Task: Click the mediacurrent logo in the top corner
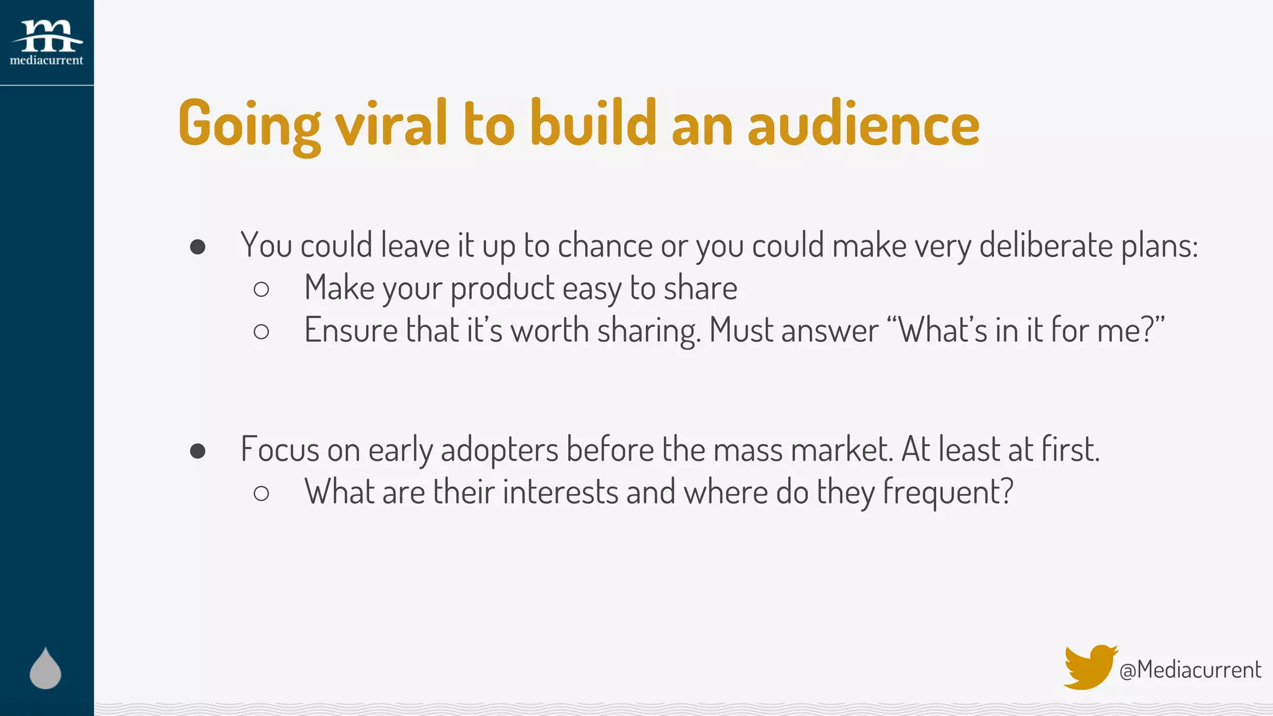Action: click(47, 42)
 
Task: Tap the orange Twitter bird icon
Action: click(1089, 666)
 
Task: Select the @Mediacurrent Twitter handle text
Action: click(1190, 670)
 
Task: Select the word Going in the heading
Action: click(249, 124)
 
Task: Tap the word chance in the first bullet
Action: click(605, 246)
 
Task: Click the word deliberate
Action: click(1046, 246)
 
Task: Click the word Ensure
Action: click(351, 330)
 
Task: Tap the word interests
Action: click(560, 492)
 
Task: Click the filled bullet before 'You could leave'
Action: click(198, 247)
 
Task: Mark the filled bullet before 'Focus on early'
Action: click(198, 451)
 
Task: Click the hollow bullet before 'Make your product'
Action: click(262, 289)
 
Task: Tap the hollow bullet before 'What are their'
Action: click(262, 493)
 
